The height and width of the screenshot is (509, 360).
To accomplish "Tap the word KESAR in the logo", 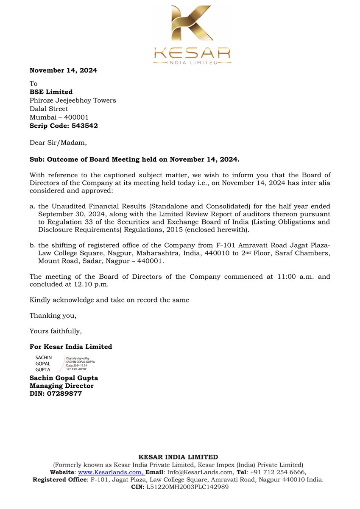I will [x=193, y=53].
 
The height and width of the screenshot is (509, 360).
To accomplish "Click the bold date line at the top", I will [x=63, y=70].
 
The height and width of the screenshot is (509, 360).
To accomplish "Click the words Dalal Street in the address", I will [x=49, y=109].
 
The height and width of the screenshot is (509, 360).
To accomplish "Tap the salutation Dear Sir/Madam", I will [x=58, y=143].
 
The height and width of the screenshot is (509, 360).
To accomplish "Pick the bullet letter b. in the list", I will [x=33, y=245].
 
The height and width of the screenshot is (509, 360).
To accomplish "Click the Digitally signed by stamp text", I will [x=80, y=358].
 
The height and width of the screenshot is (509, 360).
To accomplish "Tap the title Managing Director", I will [x=61, y=386].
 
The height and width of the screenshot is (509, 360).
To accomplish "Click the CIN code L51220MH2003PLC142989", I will [x=188, y=487].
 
